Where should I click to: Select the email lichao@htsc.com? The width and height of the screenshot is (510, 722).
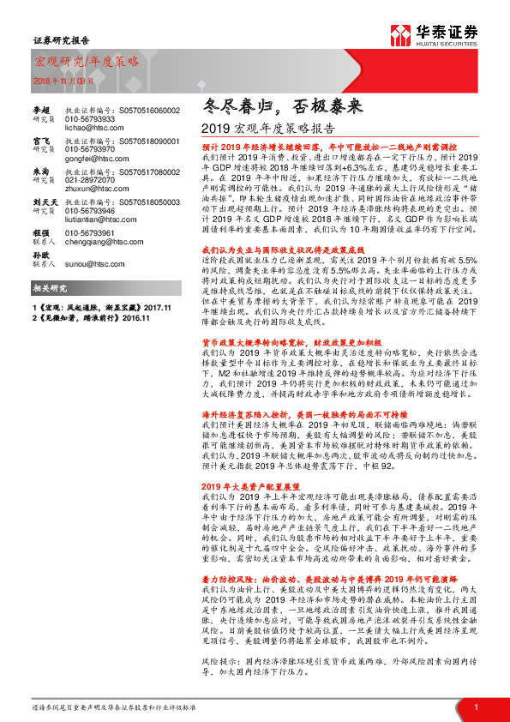90,126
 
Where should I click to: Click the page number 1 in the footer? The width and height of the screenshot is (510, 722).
475,707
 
